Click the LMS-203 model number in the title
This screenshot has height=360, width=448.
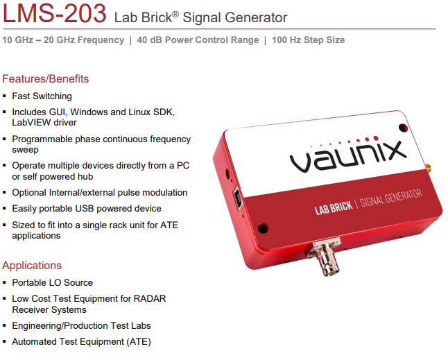[x=54, y=13]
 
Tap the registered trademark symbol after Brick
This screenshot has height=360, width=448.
[x=175, y=14]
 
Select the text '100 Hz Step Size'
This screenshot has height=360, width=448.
[x=309, y=40]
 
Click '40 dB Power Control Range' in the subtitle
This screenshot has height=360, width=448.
[x=198, y=40]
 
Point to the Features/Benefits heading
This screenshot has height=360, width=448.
[x=46, y=78]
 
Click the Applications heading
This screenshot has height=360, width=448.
[x=32, y=266]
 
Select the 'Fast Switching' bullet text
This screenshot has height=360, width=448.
[x=42, y=96]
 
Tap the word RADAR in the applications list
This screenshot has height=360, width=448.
[x=150, y=298]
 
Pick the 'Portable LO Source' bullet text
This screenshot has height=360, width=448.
[x=52, y=282]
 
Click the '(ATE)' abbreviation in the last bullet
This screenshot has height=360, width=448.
[x=139, y=342]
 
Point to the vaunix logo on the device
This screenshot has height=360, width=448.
[x=348, y=155]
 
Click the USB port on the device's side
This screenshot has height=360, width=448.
[x=237, y=198]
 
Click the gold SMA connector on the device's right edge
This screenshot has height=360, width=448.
[x=428, y=169]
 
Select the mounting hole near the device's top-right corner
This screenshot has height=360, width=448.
[x=403, y=128]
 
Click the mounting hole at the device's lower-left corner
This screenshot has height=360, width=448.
[x=263, y=228]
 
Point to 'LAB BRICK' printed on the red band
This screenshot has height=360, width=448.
[x=334, y=207]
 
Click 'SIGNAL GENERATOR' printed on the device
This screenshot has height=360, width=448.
[x=391, y=198]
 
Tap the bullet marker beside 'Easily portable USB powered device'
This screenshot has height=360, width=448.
[x=4, y=209]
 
